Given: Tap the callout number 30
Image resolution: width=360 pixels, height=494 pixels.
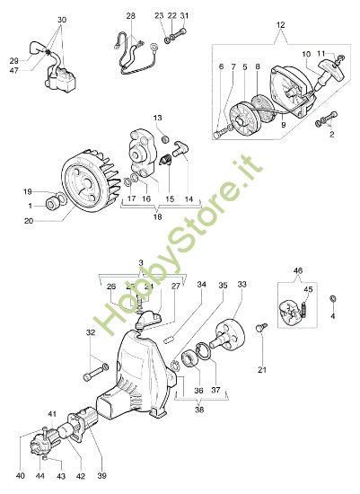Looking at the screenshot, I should tap(62, 20).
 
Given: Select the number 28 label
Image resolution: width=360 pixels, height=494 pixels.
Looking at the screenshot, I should tap(130, 17).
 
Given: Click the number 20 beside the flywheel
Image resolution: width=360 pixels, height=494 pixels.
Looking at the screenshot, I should tap(30, 220).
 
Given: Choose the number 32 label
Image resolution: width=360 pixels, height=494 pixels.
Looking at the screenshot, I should tap(90, 333).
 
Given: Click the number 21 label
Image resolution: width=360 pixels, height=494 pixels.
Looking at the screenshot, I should tap(262, 370).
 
